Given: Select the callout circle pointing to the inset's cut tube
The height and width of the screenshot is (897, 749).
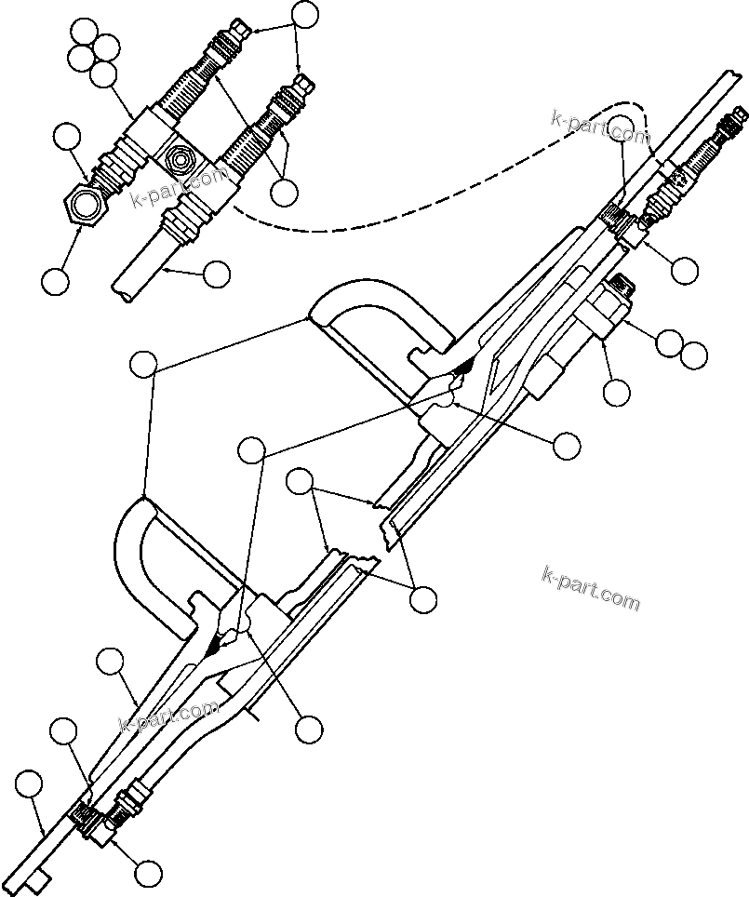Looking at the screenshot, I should coord(216,274).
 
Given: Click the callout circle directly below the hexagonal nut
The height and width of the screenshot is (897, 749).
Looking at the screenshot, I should coord(56,280).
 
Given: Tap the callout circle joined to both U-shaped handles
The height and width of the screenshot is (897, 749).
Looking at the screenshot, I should coord(144,365).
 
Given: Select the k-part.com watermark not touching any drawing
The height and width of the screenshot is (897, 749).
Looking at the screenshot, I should coord(590,588).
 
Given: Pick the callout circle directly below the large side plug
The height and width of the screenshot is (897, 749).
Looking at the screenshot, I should coord(616,392).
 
